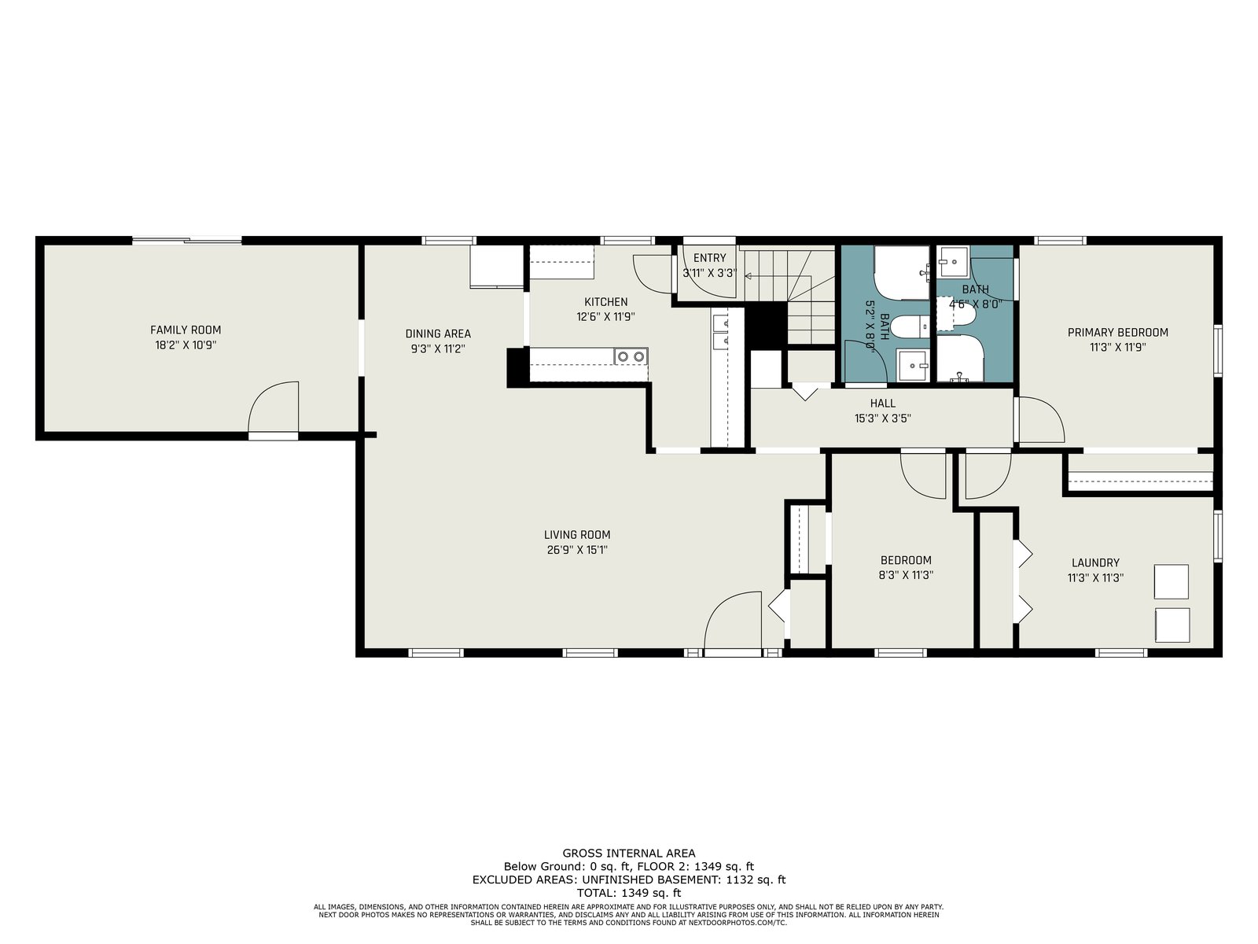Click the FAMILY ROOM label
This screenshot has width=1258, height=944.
click(x=185, y=330)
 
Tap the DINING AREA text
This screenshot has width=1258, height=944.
click(x=438, y=333)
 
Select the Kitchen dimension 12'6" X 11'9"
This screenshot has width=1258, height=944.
click(x=605, y=316)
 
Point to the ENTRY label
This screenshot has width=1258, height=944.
click(x=709, y=258)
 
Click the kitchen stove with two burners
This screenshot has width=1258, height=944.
click(x=631, y=356)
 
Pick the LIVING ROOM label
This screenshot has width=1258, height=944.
click(x=577, y=535)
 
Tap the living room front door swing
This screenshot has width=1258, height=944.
click(x=733, y=620)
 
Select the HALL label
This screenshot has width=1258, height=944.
click(x=883, y=404)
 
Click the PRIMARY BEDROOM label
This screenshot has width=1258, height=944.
click(x=1117, y=332)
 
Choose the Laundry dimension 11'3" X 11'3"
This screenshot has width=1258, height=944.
click(x=1095, y=577)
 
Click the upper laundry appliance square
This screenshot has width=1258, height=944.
click(x=1171, y=582)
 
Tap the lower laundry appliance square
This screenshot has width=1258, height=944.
click(x=1172, y=625)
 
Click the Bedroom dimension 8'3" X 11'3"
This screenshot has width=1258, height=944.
click(x=906, y=575)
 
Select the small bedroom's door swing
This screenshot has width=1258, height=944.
click(x=923, y=476)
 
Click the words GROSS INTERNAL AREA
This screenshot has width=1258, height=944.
click(x=629, y=854)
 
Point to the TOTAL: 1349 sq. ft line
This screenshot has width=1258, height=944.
click(x=629, y=892)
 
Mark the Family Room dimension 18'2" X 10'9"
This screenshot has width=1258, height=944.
click(x=186, y=345)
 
